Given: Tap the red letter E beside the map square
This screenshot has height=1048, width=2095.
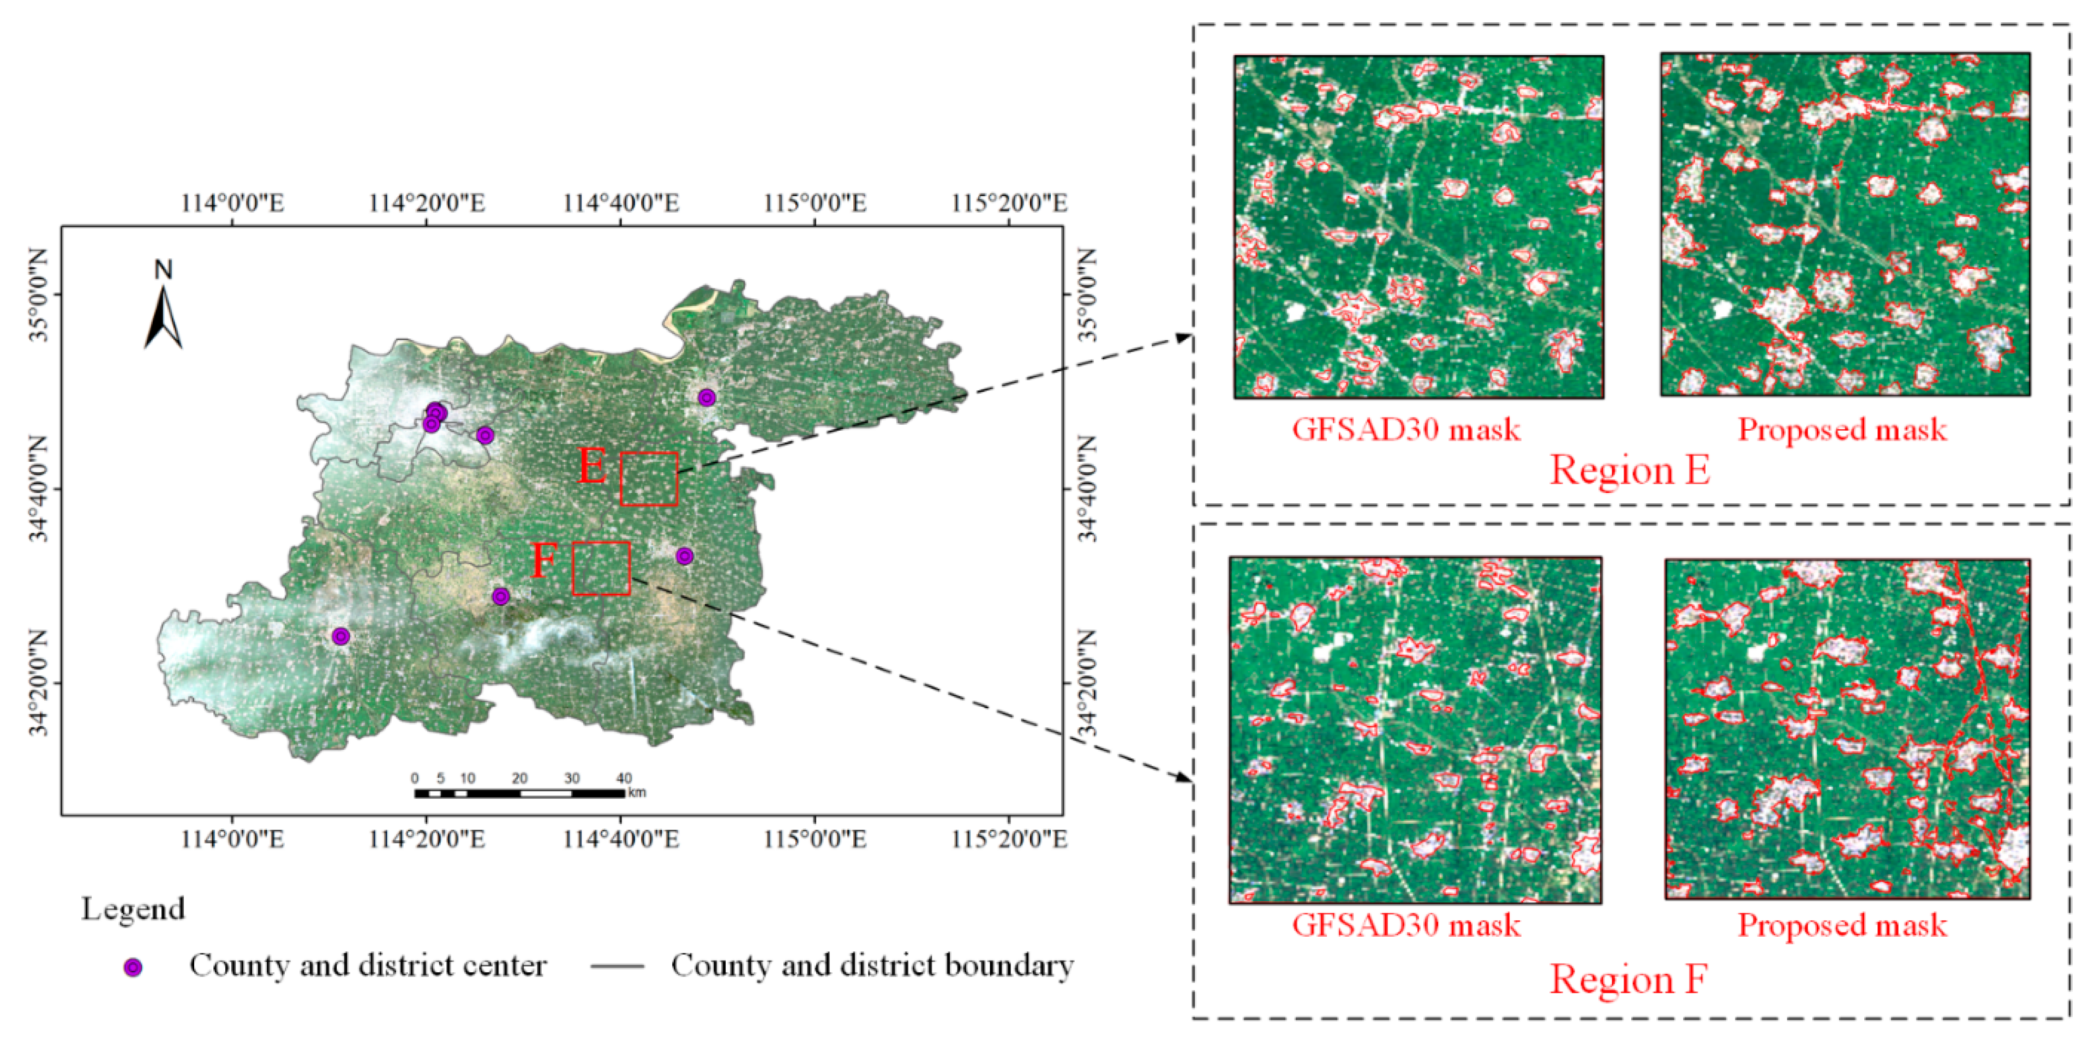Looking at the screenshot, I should point(592,467).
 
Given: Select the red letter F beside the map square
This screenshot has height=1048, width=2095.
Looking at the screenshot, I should point(544,561).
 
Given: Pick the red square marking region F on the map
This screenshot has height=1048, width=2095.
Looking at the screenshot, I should point(601,568).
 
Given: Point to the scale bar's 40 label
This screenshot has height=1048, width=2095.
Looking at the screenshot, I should point(623,778).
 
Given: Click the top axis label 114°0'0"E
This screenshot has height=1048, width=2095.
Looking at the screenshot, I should point(232,202).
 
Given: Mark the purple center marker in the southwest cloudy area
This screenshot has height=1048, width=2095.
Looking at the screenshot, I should point(341,636).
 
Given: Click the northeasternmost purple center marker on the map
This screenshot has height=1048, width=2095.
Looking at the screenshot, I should point(707,397).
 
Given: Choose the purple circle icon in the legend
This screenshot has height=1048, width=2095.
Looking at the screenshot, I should point(133,967).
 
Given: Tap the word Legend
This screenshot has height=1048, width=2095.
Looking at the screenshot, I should point(133,909).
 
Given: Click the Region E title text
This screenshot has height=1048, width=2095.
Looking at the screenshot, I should point(1630,471).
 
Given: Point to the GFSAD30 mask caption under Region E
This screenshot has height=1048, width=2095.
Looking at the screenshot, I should point(1405,429).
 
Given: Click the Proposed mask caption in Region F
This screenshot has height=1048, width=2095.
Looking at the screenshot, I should point(1842,925).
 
